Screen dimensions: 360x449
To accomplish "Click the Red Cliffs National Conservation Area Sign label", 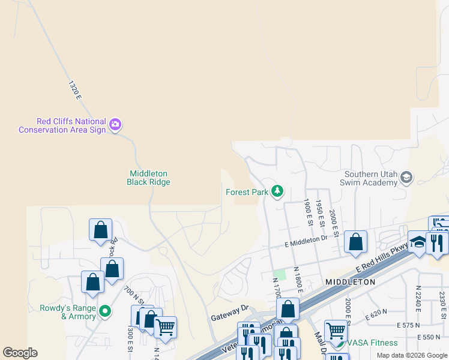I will (62, 125).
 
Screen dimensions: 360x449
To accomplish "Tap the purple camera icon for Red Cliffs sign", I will (115, 125).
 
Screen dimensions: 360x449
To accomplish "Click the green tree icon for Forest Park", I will (277, 192).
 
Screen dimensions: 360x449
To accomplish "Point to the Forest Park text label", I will (246, 193).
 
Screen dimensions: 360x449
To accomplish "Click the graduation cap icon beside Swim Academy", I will (407, 177).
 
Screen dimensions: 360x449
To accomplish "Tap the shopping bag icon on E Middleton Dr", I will (355, 242).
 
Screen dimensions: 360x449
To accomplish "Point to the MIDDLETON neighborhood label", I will (351, 282).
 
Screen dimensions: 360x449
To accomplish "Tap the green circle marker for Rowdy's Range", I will (105, 311).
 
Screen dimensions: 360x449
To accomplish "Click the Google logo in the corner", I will (20, 353).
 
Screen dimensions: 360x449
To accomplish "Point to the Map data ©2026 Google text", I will (412, 355).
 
